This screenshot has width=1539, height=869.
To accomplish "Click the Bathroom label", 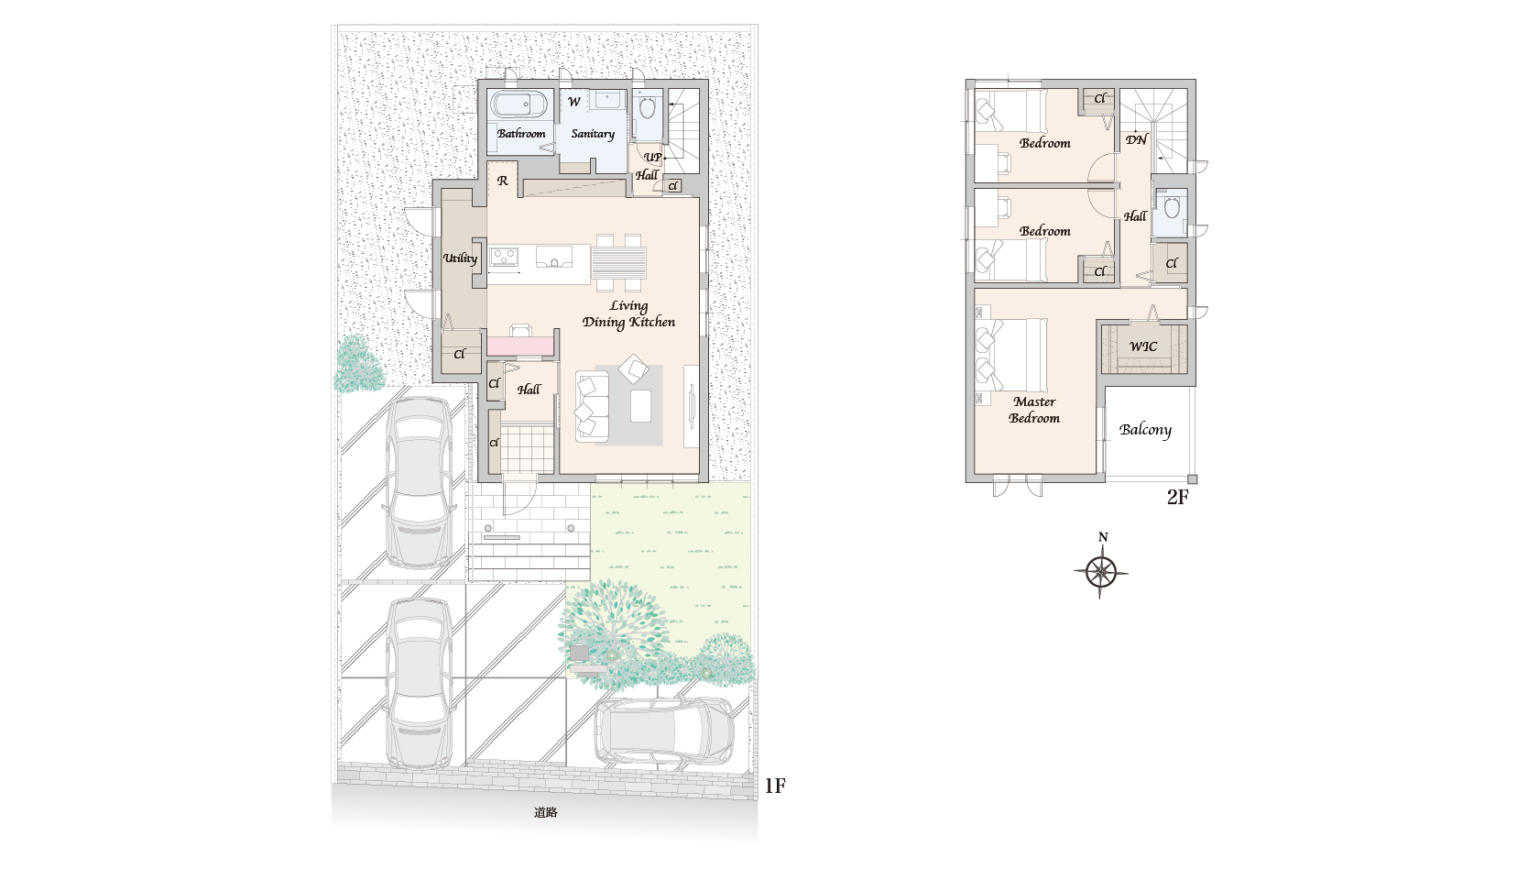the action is pos(521,134).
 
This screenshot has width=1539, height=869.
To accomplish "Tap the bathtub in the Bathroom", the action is pos(520,105).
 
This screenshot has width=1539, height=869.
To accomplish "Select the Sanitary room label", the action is pos(592,134).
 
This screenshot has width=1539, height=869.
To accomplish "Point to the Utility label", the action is pos(460,258).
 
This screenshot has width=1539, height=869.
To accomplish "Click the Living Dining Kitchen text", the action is pos(628,313).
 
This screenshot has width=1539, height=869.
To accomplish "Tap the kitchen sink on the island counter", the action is pos(553,257).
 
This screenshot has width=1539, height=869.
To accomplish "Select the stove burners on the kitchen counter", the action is pos(504,257).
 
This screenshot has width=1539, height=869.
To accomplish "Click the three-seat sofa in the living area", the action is pos(592,406).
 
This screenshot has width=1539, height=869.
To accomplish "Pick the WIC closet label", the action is pos(1143,346).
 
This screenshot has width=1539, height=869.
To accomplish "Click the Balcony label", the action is pos(1145,430).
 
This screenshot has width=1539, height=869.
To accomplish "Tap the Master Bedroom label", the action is pos(1034,410).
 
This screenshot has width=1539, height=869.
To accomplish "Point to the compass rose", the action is pos(1101,571).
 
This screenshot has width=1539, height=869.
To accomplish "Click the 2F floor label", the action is pos(1178,497).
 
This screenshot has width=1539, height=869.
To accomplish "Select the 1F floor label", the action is pos(775,786).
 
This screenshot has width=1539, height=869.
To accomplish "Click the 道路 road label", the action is pos(546,812).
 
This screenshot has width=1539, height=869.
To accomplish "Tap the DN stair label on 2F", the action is pos(1136,139).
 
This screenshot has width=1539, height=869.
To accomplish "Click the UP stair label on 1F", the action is pos(652,157).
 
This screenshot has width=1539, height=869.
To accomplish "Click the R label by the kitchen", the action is pos(503,181).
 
